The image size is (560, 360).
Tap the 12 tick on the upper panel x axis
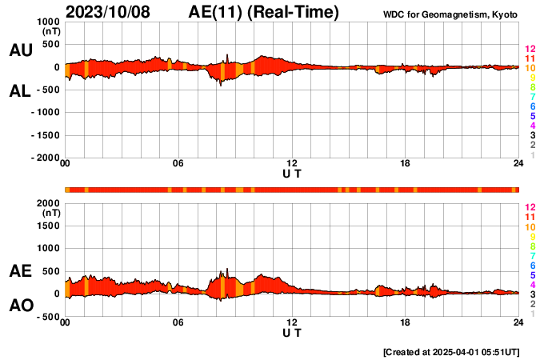[292, 164]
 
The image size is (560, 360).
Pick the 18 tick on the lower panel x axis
[406, 323]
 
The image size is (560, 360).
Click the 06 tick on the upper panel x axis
[178, 164]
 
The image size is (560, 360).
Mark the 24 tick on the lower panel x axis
[518, 323]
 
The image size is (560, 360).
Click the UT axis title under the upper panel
[292, 174]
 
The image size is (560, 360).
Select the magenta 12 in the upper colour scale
[530, 49]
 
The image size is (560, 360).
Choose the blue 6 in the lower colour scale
[532, 265]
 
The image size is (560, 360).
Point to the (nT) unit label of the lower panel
[50, 214]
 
